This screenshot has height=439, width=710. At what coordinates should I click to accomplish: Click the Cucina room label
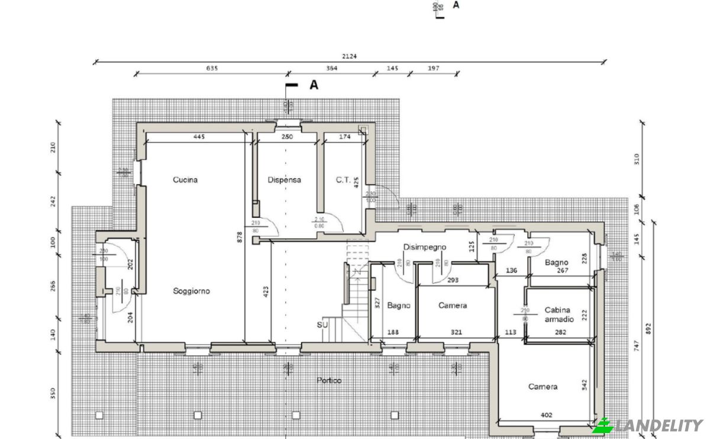[x=185, y=180]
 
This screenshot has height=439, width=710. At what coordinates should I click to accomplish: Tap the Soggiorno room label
[x=191, y=291]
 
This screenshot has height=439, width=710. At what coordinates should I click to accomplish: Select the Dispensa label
[x=284, y=180]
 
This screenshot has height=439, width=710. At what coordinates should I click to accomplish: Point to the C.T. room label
[x=344, y=180]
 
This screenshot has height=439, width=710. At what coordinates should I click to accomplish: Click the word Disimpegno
[x=424, y=247]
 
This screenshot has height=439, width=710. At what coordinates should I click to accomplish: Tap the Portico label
[x=328, y=380]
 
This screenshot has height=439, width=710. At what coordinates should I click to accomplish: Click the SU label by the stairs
[x=322, y=325]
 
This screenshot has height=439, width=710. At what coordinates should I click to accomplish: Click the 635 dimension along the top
[x=212, y=68]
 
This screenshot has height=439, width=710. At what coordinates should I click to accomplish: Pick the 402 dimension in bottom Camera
[x=546, y=415]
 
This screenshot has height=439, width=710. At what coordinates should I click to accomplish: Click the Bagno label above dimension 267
[x=557, y=262]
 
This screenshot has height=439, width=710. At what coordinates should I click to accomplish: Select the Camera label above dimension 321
[x=453, y=306]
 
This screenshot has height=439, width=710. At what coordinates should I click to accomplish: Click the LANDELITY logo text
[x=658, y=425]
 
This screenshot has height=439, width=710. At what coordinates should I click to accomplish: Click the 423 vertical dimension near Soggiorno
[x=266, y=291]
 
